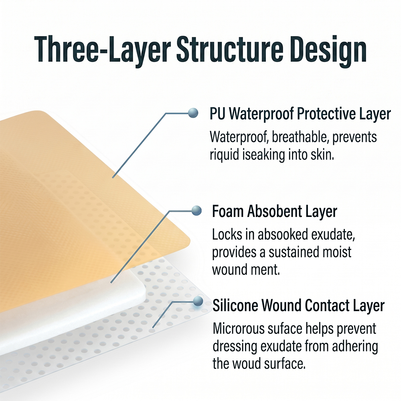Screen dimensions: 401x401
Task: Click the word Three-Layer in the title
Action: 102,49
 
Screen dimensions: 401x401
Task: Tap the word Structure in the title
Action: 230,49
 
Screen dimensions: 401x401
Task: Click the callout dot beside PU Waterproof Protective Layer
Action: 193,113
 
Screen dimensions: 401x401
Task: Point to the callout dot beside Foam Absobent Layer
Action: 196,211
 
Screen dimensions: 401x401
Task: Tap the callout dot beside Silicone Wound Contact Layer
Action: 198,301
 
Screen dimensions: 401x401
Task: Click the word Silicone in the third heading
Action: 235,305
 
